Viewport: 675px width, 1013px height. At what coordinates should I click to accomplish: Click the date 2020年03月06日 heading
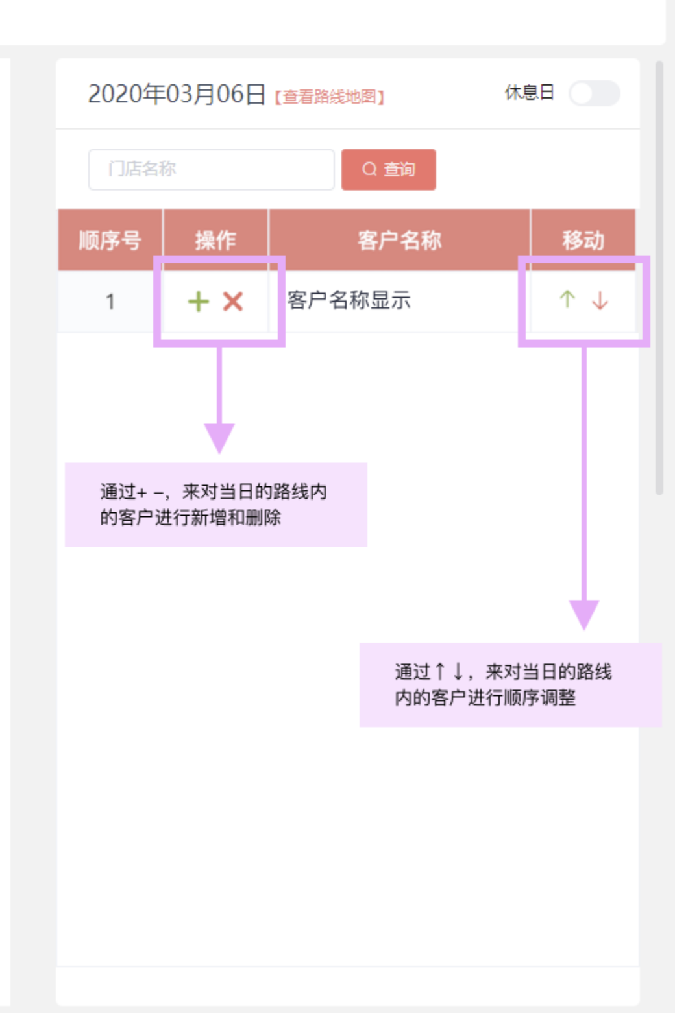177,95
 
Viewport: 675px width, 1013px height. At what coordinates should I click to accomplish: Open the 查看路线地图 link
330,97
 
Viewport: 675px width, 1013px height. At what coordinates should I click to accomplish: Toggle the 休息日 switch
594,93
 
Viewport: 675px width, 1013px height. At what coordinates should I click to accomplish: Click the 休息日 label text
529,93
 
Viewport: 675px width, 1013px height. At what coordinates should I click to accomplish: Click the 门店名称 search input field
211,170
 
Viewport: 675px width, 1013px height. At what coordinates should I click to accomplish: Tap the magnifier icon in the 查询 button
369,170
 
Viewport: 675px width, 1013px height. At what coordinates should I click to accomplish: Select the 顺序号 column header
110,240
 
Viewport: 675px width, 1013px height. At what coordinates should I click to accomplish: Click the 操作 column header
215,240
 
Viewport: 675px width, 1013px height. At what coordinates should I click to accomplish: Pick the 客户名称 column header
399,240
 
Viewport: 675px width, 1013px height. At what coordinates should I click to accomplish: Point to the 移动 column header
583,240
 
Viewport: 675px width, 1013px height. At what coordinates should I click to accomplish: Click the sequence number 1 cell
110,302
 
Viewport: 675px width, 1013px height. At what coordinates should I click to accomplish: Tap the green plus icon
199,302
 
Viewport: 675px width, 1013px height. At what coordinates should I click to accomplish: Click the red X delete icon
233,302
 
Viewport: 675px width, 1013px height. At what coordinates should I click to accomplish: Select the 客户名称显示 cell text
349,300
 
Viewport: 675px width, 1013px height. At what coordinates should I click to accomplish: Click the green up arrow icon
567,299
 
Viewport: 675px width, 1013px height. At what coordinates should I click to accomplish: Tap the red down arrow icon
600,300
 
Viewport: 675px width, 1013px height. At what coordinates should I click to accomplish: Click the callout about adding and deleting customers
215,505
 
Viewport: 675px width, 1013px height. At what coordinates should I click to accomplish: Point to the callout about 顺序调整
510,685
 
